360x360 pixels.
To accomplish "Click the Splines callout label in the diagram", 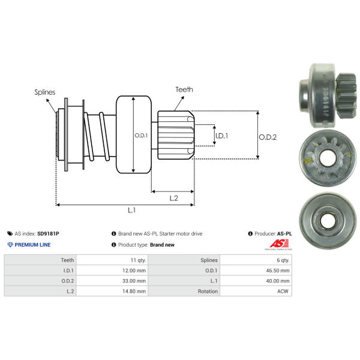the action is (45, 92).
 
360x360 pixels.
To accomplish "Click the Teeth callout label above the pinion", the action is (184, 89).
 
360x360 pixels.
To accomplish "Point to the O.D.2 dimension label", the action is (268, 137).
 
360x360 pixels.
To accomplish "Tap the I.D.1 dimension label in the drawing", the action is (222, 136).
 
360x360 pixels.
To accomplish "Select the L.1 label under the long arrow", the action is (132, 210).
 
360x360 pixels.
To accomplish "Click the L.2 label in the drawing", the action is (174, 198).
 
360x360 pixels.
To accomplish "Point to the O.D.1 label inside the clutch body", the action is (141, 136).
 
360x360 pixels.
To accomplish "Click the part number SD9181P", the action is (48, 234).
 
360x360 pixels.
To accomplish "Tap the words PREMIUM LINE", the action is (32, 245).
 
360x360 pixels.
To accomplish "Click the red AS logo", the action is (279, 244).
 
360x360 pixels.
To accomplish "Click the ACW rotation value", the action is (283, 291).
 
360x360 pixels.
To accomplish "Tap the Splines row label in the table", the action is (209, 260).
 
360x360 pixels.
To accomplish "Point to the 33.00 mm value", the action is (134, 281).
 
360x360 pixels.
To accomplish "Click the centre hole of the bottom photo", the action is (328, 221).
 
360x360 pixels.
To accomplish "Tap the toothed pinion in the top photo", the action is (346, 97).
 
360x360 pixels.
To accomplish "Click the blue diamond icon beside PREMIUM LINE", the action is (10, 245).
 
